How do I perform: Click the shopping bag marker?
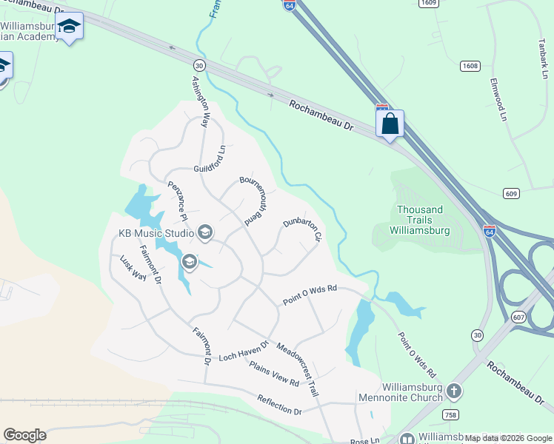coord(390,124)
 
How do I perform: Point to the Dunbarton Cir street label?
coord(302,231)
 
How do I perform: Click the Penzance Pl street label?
coord(176,201)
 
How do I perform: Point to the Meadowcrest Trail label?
coord(298,369)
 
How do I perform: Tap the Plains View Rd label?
coord(274,373)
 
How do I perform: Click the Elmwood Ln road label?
coord(497,99)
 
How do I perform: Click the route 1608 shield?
coord(470,65)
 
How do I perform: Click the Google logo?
coord(24,435)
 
